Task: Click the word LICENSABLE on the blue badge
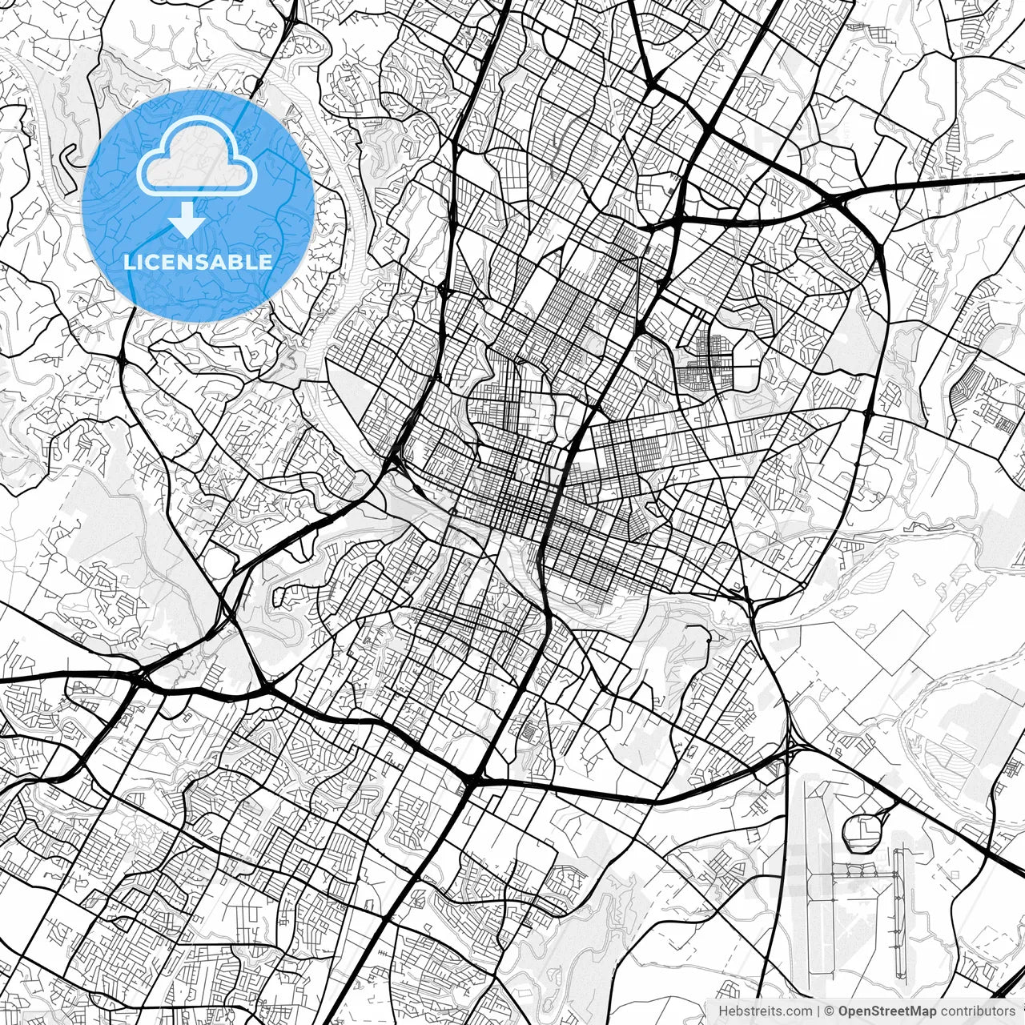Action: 198,262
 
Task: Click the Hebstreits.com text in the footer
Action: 765,1011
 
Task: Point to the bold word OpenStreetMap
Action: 887,1011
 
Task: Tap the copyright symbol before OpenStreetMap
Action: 830,1011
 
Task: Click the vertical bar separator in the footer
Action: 818,1011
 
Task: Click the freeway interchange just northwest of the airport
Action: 791,749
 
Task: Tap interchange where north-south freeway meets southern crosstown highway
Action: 472,777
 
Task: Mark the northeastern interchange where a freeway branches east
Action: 837,200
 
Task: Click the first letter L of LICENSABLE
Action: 128,262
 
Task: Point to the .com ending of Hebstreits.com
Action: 797,1011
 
